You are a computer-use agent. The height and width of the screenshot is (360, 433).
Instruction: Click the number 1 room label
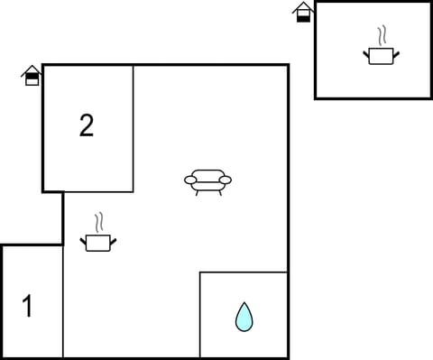pyautogui.click(x=27, y=307)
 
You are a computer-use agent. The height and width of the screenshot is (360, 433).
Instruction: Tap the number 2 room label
pyautogui.click(x=86, y=125)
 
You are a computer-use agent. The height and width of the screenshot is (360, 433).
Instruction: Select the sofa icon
pyautogui.click(x=207, y=180)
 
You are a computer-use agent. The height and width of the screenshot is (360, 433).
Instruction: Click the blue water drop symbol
pyautogui.click(x=244, y=317)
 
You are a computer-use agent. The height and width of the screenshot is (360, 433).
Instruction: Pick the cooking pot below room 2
pyautogui.click(x=98, y=242)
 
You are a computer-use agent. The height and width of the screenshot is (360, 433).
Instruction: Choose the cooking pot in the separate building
pyautogui.click(x=381, y=56)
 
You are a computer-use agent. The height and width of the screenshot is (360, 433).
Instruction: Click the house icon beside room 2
pyautogui.click(x=32, y=76)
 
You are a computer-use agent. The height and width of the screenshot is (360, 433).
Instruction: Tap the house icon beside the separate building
pyautogui.click(x=304, y=12)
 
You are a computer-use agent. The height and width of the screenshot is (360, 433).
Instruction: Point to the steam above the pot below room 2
pyautogui.click(x=98, y=222)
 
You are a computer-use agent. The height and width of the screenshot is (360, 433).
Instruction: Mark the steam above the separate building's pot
pyautogui.click(x=382, y=36)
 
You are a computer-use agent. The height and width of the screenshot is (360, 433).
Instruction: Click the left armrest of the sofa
pyautogui.click(x=190, y=180)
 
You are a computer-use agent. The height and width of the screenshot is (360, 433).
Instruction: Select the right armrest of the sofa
pyautogui.click(x=226, y=180)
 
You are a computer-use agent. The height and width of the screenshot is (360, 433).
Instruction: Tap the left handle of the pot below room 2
pyautogui.click(x=85, y=239)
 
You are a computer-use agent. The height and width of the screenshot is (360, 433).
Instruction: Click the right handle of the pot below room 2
pyautogui.click(x=113, y=239)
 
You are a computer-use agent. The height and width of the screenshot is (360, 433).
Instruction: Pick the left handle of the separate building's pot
pyautogui.click(x=367, y=53)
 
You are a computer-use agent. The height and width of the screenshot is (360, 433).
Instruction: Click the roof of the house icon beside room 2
pyautogui.click(x=32, y=69)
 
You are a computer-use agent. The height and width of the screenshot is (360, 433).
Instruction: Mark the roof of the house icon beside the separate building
pyautogui.click(x=304, y=6)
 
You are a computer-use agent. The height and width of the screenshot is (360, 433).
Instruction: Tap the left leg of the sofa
pyautogui.click(x=198, y=193)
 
